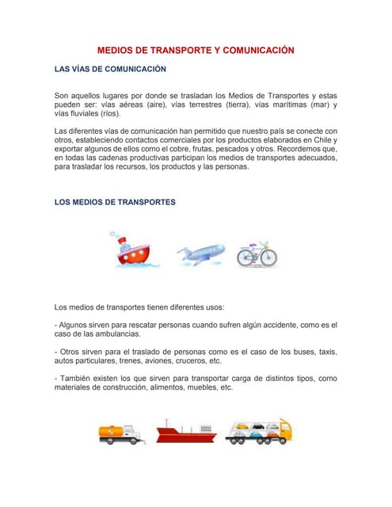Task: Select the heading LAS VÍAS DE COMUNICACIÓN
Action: pyautogui.click(x=110, y=70)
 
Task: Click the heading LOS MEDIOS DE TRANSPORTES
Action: pyautogui.click(x=115, y=202)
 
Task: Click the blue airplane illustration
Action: pyautogui.click(x=200, y=253)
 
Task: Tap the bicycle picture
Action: pyautogui.click(x=257, y=253)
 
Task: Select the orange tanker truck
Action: pyautogui.click(x=120, y=432)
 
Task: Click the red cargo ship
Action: pyautogui.click(x=187, y=432)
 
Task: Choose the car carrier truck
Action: pyautogui.click(x=258, y=432)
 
